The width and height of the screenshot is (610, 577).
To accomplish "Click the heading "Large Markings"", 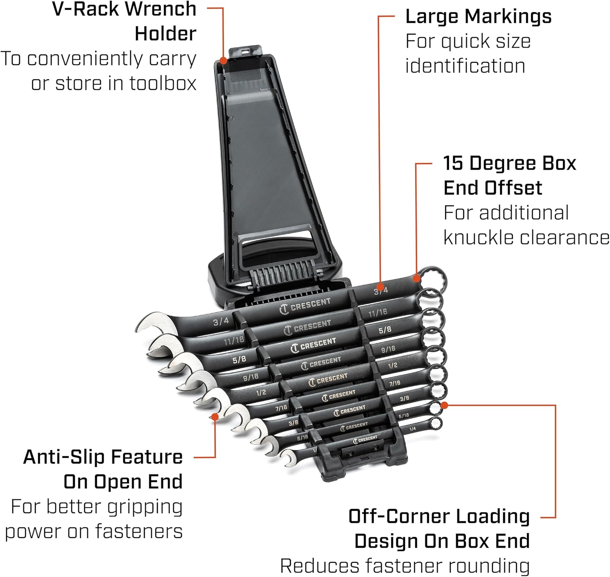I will pos(478,17).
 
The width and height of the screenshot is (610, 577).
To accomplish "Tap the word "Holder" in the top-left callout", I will pos(166,33).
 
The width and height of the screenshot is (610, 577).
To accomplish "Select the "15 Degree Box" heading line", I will pos(510,163).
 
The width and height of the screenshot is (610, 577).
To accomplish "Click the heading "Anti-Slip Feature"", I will pos(103,457).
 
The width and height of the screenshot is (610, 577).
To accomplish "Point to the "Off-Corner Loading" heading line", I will pos(439,516).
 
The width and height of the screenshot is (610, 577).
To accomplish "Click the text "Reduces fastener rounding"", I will pos(405,566).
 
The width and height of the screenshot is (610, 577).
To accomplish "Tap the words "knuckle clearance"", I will pos(526,237).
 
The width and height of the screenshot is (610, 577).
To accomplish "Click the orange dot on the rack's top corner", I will pos(223,61).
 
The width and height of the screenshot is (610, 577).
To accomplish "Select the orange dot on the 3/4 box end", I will pos(416,279).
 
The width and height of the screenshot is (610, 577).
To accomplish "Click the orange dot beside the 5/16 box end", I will pos(444,405).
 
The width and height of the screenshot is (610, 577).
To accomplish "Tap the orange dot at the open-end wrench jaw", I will pos(215,417).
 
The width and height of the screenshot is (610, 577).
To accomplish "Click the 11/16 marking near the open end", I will pos(234,340).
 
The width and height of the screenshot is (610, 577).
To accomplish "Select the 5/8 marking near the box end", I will pos(385,330).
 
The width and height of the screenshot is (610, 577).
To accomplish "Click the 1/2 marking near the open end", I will pos(261,393).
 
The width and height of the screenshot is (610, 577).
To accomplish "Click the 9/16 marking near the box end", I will pos(388,349).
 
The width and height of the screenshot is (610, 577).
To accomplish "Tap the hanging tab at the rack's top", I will pos(244,51).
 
